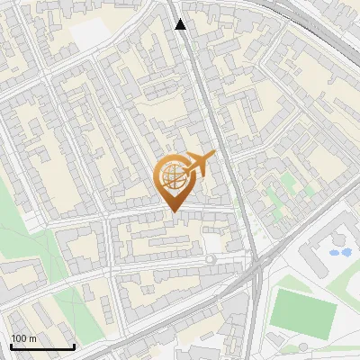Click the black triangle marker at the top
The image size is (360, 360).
(181, 24)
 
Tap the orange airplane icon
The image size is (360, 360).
(200, 164)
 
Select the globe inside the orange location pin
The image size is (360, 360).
(174, 176)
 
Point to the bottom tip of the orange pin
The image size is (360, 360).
(174, 211)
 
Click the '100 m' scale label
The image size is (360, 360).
(23, 337)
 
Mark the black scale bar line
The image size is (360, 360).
(42, 346)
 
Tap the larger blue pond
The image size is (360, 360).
(341, 252)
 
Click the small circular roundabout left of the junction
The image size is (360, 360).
(211, 260)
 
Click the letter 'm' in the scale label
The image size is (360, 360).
(32, 337)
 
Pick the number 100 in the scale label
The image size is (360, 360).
(19, 337)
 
